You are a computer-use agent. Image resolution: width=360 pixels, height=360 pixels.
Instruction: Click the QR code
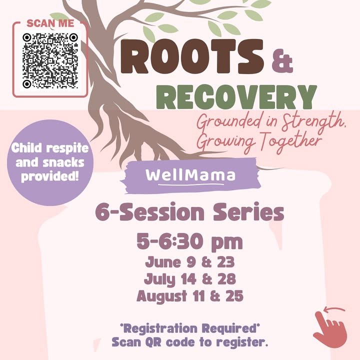click(x=50, y=60)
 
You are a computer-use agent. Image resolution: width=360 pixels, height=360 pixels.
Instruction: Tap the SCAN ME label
click(x=50, y=23)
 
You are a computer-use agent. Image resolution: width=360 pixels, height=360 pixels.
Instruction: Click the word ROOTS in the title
click(x=192, y=56)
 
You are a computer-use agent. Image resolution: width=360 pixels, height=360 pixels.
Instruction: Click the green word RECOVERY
click(x=236, y=97)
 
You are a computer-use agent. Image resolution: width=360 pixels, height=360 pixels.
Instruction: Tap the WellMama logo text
click(x=190, y=175)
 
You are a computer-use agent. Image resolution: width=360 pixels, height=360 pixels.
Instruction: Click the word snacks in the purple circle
click(x=63, y=162)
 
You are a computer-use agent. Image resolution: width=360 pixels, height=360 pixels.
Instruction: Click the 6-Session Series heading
click(x=189, y=212)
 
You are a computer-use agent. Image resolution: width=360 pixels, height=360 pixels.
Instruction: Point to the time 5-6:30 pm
click(x=189, y=242)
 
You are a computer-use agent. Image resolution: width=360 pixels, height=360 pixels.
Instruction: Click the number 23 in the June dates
click(x=226, y=262)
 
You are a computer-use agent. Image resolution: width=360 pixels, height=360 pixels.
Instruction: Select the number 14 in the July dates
click(x=188, y=279)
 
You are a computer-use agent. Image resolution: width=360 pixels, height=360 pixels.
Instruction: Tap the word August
click(x=161, y=296)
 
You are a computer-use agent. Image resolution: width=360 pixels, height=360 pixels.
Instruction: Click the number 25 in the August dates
click(x=234, y=295)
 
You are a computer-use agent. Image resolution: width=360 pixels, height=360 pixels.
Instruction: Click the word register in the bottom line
click(x=239, y=342)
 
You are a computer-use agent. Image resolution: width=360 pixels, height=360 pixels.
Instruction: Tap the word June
click(x=163, y=262)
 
